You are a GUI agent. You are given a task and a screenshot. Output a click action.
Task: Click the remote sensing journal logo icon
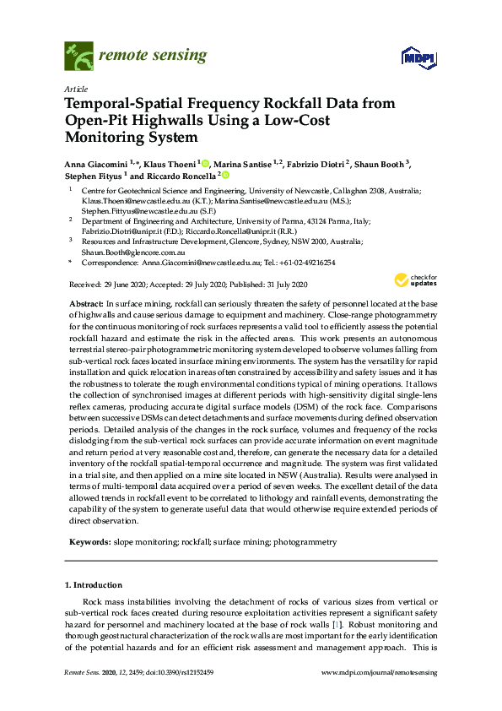[x=78, y=57]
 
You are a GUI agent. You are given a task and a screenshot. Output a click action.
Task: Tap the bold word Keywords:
[x=89, y=541]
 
